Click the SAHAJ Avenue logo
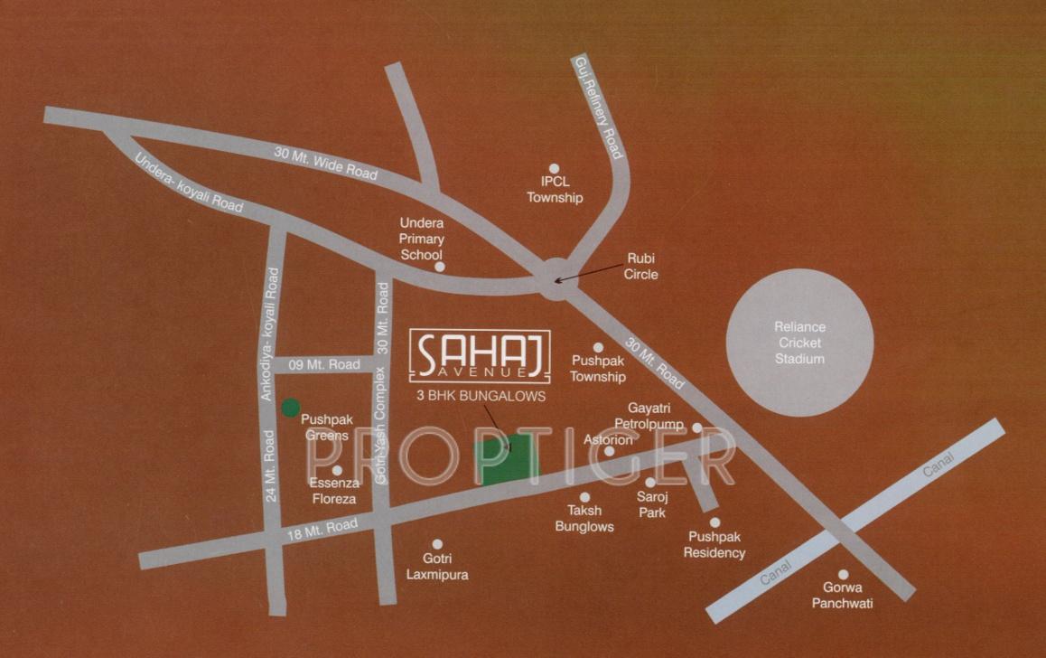[480, 354]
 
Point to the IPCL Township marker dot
[555, 168]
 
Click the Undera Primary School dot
[439, 267]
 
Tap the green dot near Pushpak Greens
[290, 407]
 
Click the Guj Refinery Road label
[598, 107]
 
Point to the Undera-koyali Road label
[189, 183]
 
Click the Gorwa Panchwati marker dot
[843, 574]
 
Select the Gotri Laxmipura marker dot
[437, 544]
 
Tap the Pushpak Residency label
[714, 545]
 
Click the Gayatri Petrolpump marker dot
[697, 428]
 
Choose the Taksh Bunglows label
[584, 518]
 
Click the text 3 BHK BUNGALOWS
[480, 396]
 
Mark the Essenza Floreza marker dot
[337, 470]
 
